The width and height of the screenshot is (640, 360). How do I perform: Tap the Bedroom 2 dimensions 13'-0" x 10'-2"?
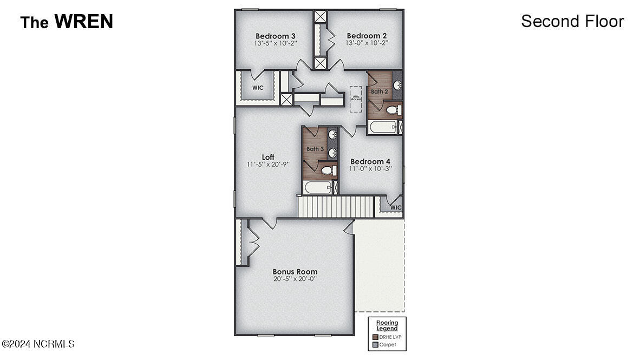(367, 43)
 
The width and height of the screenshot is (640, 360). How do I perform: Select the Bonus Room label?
(295, 272)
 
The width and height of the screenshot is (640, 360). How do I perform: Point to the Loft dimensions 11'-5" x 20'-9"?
(268, 164)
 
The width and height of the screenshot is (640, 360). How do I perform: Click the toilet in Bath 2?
(393, 110)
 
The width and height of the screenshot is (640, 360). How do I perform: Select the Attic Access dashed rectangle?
(356, 98)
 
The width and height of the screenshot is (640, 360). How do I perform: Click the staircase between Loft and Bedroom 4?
(336, 207)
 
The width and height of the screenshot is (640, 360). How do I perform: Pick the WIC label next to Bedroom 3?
(258, 88)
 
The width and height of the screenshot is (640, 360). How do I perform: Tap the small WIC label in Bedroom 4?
(396, 207)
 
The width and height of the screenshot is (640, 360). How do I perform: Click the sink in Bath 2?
(396, 86)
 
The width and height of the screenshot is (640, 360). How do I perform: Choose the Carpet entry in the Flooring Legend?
(387, 344)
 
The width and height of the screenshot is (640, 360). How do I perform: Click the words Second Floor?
(572, 21)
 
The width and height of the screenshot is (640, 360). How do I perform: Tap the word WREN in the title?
(83, 22)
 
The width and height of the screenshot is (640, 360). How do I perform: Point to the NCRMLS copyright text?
(38, 344)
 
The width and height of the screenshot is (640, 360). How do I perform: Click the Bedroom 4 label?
(370, 161)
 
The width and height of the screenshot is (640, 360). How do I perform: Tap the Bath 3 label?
(315, 149)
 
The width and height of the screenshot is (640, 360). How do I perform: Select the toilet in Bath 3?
(328, 171)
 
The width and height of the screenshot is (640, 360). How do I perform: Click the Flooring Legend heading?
(387, 325)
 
